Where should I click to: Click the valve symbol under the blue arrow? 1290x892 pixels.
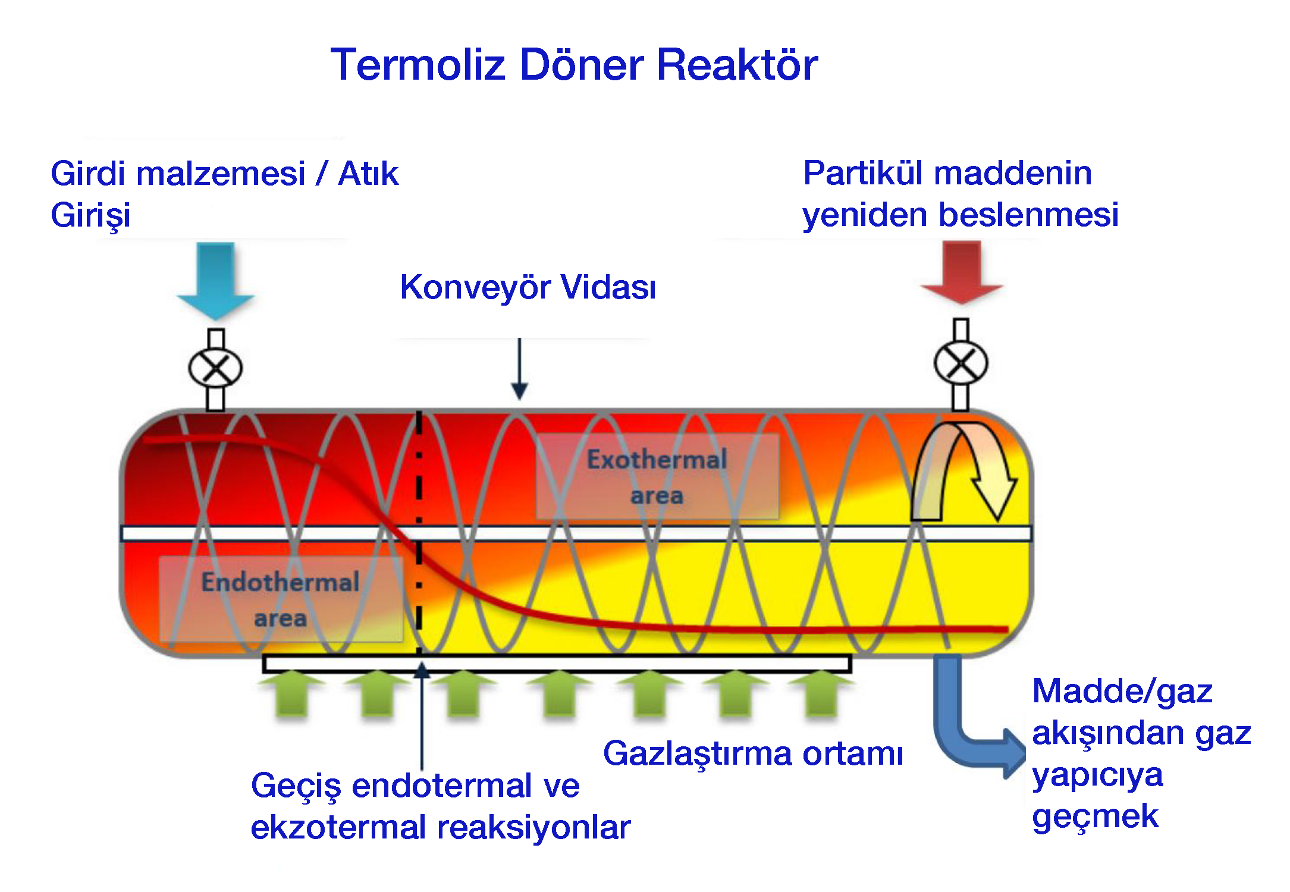(215, 368)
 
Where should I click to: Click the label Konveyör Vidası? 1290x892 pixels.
(528, 287)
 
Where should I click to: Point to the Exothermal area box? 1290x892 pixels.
(657, 476)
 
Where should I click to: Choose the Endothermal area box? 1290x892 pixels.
(280, 599)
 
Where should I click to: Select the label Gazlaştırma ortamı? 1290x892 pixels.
(753, 753)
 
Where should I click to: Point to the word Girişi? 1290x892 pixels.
(90, 215)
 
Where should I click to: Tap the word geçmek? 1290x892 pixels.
(1095, 816)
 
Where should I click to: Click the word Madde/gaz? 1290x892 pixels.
(1122, 691)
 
